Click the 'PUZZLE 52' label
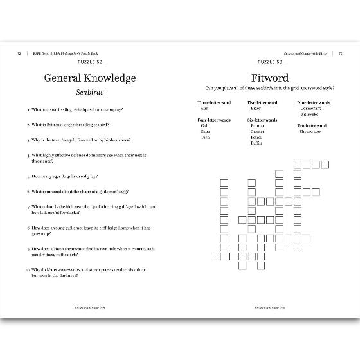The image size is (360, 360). pyautogui.click(x=90, y=62)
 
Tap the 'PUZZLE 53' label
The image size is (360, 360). pyautogui.click(x=270, y=62)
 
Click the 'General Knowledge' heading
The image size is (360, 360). pyautogui.click(x=90, y=78)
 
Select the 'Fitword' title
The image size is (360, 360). pyautogui.click(x=270, y=78)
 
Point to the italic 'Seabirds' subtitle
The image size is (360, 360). pyautogui.click(x=90, y=93)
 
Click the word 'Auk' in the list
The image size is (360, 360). pyautogui.click(x=204, y=108)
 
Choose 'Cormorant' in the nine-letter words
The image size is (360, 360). pyautogui.click(x=310, y=108)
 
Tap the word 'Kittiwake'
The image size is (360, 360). pyautogui.click(x=310, y=114)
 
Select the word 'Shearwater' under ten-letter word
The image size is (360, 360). pyautogui.click(x=311, y=131)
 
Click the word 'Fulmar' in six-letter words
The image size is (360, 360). pyautogui.click(x=258, y=125)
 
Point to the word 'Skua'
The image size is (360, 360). pyautogui.click(x=205, y=131)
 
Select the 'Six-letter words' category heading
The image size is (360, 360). pyautogui.click(x=262, y=120)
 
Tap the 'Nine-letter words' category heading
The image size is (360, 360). pyautogui.click(x=314, y=102)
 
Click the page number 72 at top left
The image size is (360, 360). pyautogui.click(x=19, y=53)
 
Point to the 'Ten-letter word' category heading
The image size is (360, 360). pyautogui.click(x=312, y=125)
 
